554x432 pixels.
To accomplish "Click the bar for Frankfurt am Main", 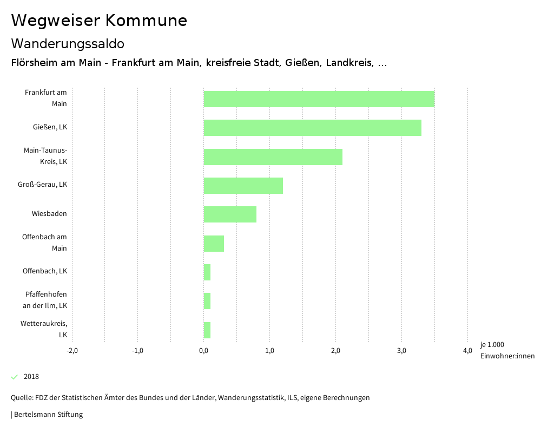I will tap(319, 99).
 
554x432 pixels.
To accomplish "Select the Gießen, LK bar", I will tap(313, 128).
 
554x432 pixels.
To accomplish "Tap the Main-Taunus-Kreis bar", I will tap(273, 157).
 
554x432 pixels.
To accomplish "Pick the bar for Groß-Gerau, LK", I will tap(243, 186).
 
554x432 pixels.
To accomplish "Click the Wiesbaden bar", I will tap(230, 214).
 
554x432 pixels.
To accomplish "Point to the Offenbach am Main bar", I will tap(214, 244).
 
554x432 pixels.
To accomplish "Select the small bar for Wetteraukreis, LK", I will tap(207, 330).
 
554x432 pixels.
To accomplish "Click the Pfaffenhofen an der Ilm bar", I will tap(207, 301).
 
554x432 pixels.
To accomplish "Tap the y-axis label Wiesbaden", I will tap(49, 214).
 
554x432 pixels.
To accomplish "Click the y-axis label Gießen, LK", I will tap(50, 127).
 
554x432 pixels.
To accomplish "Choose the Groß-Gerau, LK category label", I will tap(42, 185).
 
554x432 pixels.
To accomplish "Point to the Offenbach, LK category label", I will tap(45, 271).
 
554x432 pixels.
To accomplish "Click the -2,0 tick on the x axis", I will tap(72, 351).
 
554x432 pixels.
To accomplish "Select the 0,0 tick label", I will tap(204, 351).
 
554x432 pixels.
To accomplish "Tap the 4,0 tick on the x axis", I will tap(467, 351).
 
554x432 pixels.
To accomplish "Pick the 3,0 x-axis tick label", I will tap(401, 351).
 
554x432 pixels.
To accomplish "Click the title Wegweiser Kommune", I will tap(99, 21).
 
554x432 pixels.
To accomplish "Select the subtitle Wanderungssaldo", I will tap(68, 43).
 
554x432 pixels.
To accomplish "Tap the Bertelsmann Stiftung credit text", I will tap(48, 415).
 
